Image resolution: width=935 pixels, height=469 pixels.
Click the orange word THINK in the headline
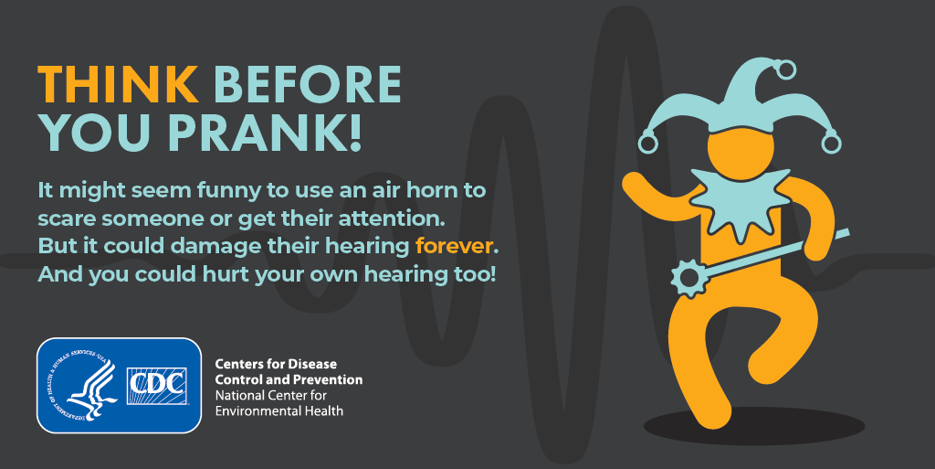(118, 84)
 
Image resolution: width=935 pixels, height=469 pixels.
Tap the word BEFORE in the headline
(308, 84)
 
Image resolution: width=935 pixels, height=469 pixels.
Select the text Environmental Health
(279, 411)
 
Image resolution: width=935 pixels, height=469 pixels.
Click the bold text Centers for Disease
(276, 364)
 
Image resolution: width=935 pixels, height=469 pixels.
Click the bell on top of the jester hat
(786, 69)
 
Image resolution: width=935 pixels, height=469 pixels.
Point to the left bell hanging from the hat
(647, 144)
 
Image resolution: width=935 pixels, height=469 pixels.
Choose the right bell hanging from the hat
(831, 144)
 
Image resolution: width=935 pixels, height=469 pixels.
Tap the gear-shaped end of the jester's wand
(690, 278)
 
